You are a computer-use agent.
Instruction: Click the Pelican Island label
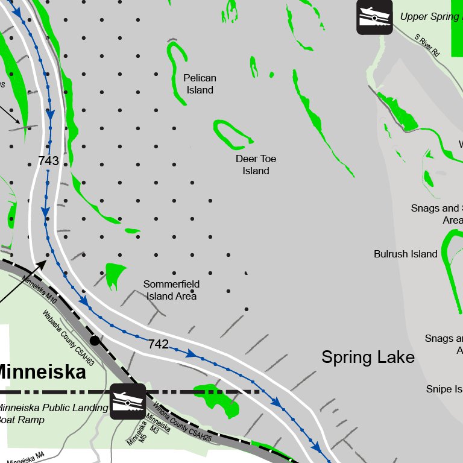click(x=200, y=84)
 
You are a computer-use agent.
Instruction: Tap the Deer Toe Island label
click(x=256, y=165)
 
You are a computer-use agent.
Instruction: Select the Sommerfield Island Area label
click(x=171, y=290)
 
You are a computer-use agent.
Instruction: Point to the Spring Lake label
click(x=368, y=357)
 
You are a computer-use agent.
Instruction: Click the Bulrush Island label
click(x=405, y=254)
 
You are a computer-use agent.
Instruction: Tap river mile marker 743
click(x=48, y=161)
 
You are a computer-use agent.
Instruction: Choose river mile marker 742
click(x=158, y=344)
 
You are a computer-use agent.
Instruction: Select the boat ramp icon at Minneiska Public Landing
click(x=127, y=401)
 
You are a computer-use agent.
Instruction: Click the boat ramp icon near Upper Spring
click(x=374, y=16)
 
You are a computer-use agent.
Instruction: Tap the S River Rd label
click(x=427, y=45)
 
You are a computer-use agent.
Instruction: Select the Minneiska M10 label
click(x=40, y=289)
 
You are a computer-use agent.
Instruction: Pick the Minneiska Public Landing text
click(x=53, y=408)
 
